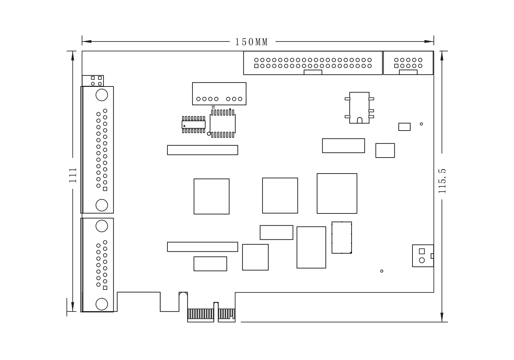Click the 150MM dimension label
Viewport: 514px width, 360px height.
pyautogui.click(x=252, y=42)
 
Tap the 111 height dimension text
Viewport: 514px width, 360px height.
pyautogui.click(x=73, y=175)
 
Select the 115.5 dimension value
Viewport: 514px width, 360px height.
pyautogui.click(x=442, y=181)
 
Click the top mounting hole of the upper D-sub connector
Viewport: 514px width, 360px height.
pyautogui.click(x=102, y=95)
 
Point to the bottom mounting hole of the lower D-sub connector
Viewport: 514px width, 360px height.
pyautogui.click(x=102, y=304)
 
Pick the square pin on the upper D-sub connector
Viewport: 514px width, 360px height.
pyautogui.click(x=105, y=189)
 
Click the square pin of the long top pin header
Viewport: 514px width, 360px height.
pyautogui.click(x=256, y=66)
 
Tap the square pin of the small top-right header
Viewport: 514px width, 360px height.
pyautogui.click(x=396, y=66)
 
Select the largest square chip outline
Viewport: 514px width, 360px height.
pyautogui.click(x=337, y=194)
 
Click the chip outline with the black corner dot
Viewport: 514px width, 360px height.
pyautogui.click(x=342, y=238)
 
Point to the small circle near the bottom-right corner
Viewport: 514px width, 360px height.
pyautogui.click(x=382, y=271)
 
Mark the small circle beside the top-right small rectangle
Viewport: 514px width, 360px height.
pyautogui.click(x=421, y=124)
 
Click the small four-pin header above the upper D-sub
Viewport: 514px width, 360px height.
pyautogui.click(x=93, y=81)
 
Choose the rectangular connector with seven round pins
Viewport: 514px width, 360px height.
pyautogui.click(x=219, y=94)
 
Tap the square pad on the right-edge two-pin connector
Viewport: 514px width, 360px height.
pyautogui.click(x=422, y=251)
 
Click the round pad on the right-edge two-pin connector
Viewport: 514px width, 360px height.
pyautogui.click(x=422, y=260)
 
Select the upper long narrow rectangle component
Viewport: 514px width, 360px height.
pyautogui.click(x=202, y=150)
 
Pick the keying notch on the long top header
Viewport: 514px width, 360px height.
pyautogui.click(x=313, y=72)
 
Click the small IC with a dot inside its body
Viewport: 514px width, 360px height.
pyautogui.click(x=193, y=125)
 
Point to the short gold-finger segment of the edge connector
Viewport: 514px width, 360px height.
pyautogui.click(x=226, y=314)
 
